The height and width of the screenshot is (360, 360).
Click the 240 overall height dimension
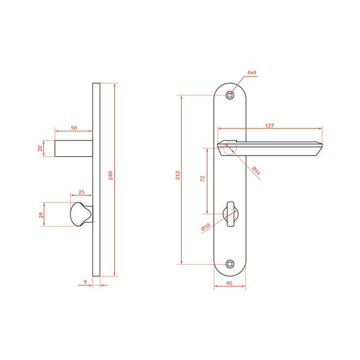[x=111, y=176]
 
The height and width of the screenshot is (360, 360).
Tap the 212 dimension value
[x=178, y=176]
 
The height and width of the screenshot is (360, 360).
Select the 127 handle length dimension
[x=270, y=126]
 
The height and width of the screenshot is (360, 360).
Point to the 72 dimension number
[x=203, y=179]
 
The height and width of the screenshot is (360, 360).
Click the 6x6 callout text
[x=252, y=73]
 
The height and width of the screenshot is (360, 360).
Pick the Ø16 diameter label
[x=256, y=171]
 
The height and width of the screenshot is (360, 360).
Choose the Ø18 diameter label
[x=205, y=227]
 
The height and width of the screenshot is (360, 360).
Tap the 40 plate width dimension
[x=229, y=283]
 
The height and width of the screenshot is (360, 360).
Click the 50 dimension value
[x=74, y=128]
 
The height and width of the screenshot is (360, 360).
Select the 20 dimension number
[x=40, y=148]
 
